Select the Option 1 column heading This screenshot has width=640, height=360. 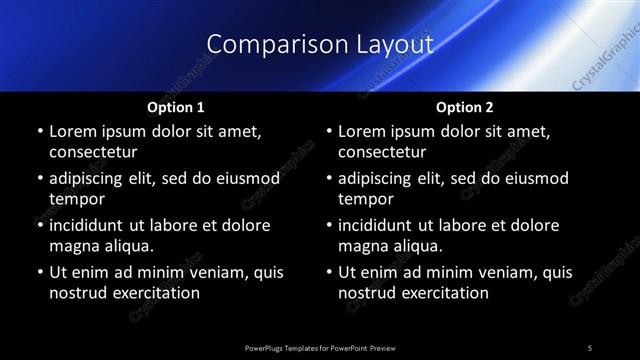[176, 106]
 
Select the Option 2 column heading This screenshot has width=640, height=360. [465, 106]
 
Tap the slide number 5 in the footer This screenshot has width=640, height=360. [590, 347]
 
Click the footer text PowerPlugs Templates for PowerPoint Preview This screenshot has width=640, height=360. [319, 347]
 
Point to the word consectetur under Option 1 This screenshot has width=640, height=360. [93, 152]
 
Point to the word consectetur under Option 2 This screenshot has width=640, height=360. [383, 152]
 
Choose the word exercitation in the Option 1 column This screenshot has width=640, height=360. [153, 293]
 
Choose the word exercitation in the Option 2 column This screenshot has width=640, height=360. [443, 293]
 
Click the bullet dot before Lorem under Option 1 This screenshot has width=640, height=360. [39, 131]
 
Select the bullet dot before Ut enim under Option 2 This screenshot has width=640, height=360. [329, 272]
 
